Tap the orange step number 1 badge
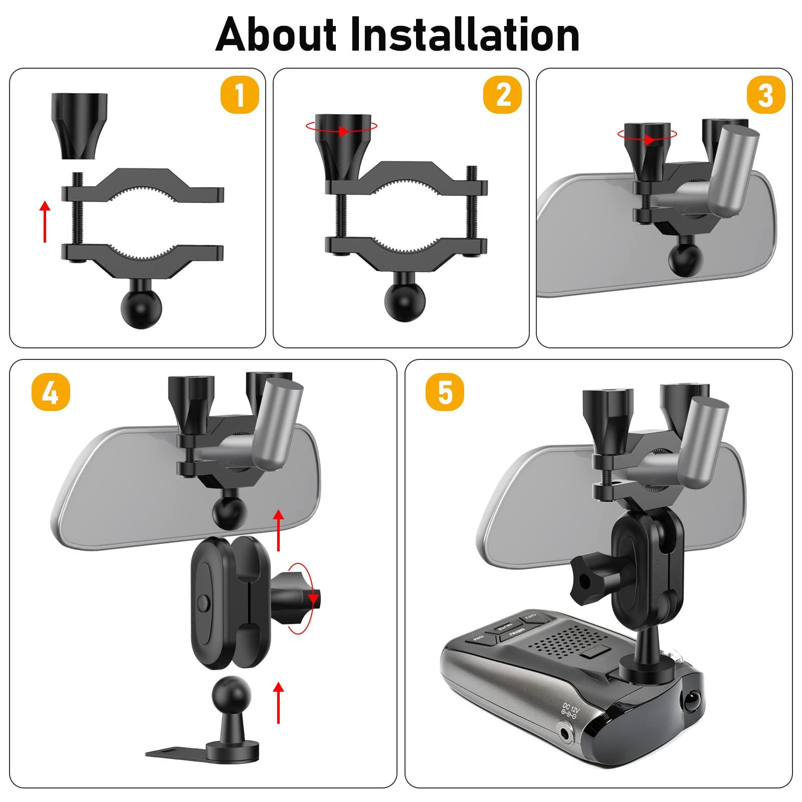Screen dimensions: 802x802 240,95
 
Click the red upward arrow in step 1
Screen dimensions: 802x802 45,221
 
